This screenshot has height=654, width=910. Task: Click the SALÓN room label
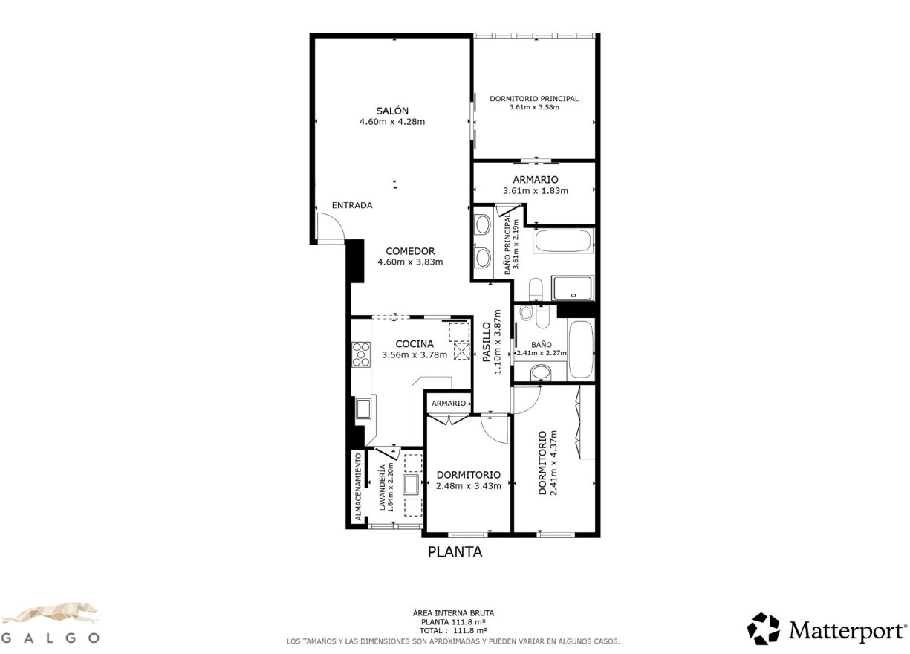[391, 111]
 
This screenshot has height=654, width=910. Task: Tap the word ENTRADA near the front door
[352, 205]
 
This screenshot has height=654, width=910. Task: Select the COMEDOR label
[409, 251]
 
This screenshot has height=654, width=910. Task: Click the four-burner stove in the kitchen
[361, 354]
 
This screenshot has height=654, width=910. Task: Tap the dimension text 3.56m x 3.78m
[415, 355]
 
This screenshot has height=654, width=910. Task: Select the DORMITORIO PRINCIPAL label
[533, 98]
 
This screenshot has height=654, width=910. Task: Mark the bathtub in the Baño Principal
[564, 242]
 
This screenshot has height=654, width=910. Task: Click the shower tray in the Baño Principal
[573, 289]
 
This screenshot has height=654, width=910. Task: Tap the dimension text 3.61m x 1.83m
[535, 191]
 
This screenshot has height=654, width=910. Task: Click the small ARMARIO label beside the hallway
[449, 403]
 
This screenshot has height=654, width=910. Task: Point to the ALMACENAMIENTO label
[357, 486]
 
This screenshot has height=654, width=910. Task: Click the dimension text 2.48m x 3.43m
[468, 486]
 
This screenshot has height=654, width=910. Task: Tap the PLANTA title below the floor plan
[455, 552]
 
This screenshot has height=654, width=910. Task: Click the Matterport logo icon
[763, 629]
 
